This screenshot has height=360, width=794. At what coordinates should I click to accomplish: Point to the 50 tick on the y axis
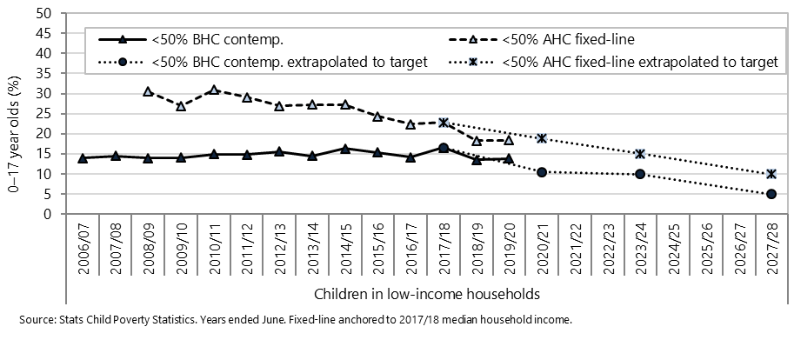pos(43,13)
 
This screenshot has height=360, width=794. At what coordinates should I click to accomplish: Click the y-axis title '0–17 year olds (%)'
pos(13,113)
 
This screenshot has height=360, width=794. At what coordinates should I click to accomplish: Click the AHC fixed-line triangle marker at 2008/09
pos(148,91)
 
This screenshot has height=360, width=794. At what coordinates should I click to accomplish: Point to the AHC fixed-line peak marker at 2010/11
pos(213,90)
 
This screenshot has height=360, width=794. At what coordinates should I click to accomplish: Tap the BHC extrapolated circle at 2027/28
pos(771,194)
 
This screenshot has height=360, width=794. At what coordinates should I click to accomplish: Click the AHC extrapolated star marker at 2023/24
pos(640,154)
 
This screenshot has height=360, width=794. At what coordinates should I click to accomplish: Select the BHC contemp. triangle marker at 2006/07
pos(83,157)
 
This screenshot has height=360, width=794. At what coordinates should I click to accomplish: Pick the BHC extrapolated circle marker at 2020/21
pos(542,172)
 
